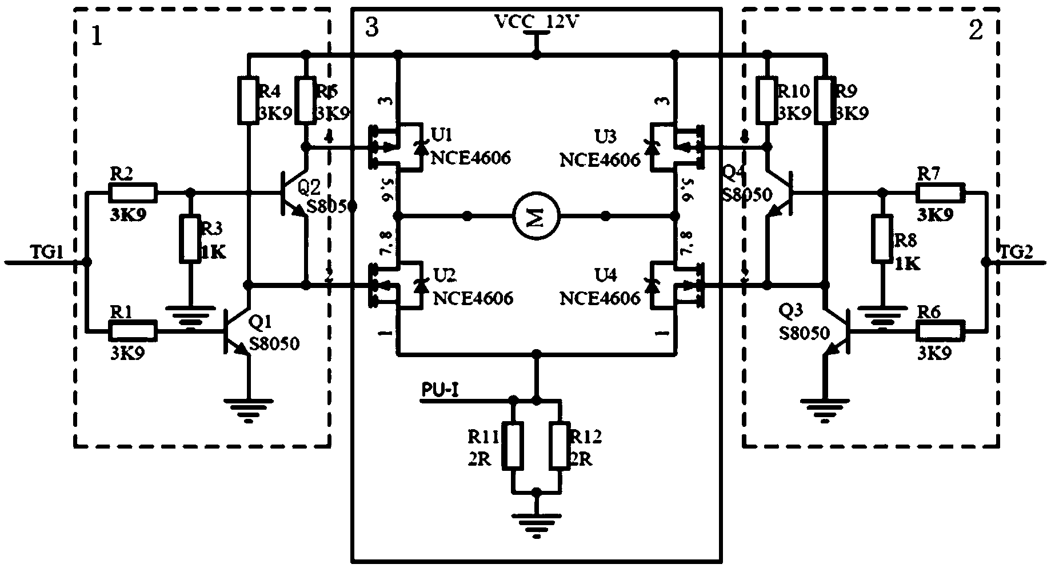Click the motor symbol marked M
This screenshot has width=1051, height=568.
pyautogui.click(x=536, y=217)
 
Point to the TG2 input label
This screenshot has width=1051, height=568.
pyautogui.click(x=1016, y=252)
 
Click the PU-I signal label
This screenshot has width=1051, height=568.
pyautogui.click(x=439, y=390)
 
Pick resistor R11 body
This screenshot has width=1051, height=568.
pyautogui.click(x=512, y=446)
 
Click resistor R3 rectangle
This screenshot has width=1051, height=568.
pyautogui.click(x=190, y=239)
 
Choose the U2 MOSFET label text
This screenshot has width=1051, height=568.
pyautogui.click(x=445, y=275)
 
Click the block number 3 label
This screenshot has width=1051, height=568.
pyautogui.click(x=371, y=27)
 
